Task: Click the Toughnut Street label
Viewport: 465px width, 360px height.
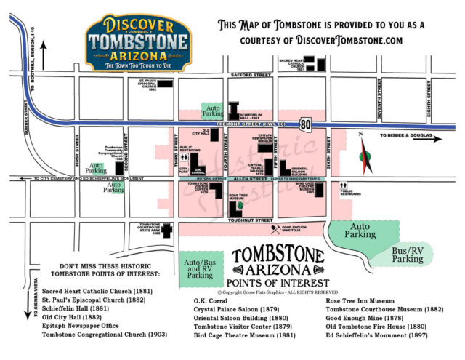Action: tap(250, 218)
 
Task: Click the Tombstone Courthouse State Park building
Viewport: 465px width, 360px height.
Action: tap(166, 231)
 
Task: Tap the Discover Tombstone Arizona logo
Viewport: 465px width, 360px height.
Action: tap(138, 42)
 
